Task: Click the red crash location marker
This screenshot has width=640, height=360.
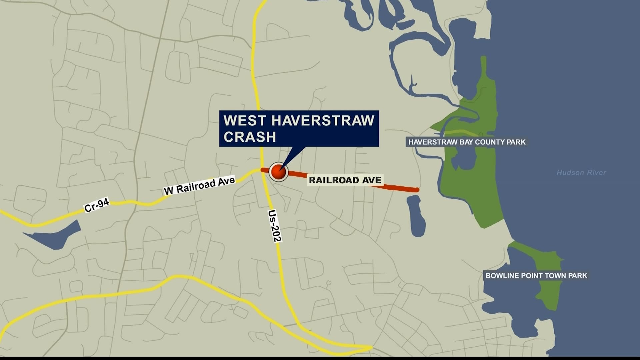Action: click(x=278, y=172)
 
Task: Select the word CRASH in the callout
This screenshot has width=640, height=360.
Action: click(x=250, y=137)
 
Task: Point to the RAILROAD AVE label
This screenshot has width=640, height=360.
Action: click(x=345, y=180)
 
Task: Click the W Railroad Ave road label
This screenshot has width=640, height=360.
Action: click(x=199, y=186)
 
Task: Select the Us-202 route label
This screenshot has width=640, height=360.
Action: click(x=275, y=226)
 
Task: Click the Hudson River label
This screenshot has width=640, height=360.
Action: click(x=581, y=173)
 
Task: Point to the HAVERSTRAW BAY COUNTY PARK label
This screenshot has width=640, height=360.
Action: click(x=467, y=142)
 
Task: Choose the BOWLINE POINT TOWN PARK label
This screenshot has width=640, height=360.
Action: click(x=536, y=276)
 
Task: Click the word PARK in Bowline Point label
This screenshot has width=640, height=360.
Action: click(x=578, y=276)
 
